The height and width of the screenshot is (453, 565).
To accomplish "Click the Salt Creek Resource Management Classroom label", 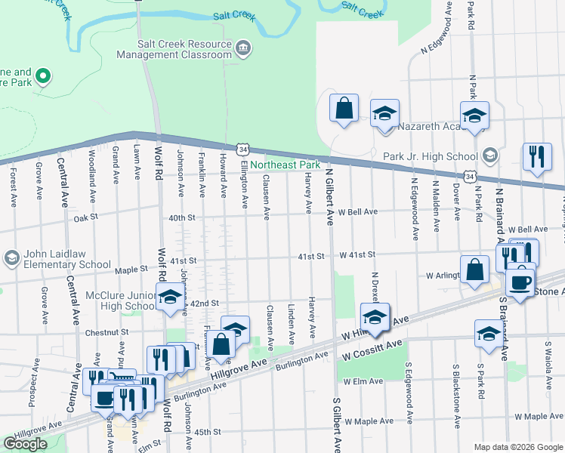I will pyautogui.click(x=174, y=49).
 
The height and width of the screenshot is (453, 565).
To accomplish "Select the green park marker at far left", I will pyautogui.click(x=43, y=75).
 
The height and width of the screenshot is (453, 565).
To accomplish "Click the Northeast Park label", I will pyautogui.click(x=285, y=165).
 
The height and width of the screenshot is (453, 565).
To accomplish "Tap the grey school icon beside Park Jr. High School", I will pyautogui.click(x=489, y=156).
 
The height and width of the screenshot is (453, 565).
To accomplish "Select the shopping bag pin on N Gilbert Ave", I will pyautogui.click(x=344, y=107).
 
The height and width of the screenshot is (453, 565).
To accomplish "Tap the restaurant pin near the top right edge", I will pyautogui.click(x=536, y=157).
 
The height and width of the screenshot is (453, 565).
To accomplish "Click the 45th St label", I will pyautogui.click(x=207, y=432).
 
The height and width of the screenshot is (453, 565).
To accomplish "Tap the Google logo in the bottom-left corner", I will pyautogui.click(x=25, y=444).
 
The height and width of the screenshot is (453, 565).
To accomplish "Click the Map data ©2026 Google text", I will pyautogui.click(x=518, y=447).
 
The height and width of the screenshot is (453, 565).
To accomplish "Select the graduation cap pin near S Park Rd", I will pyautogui.click(x=488, y=333).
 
